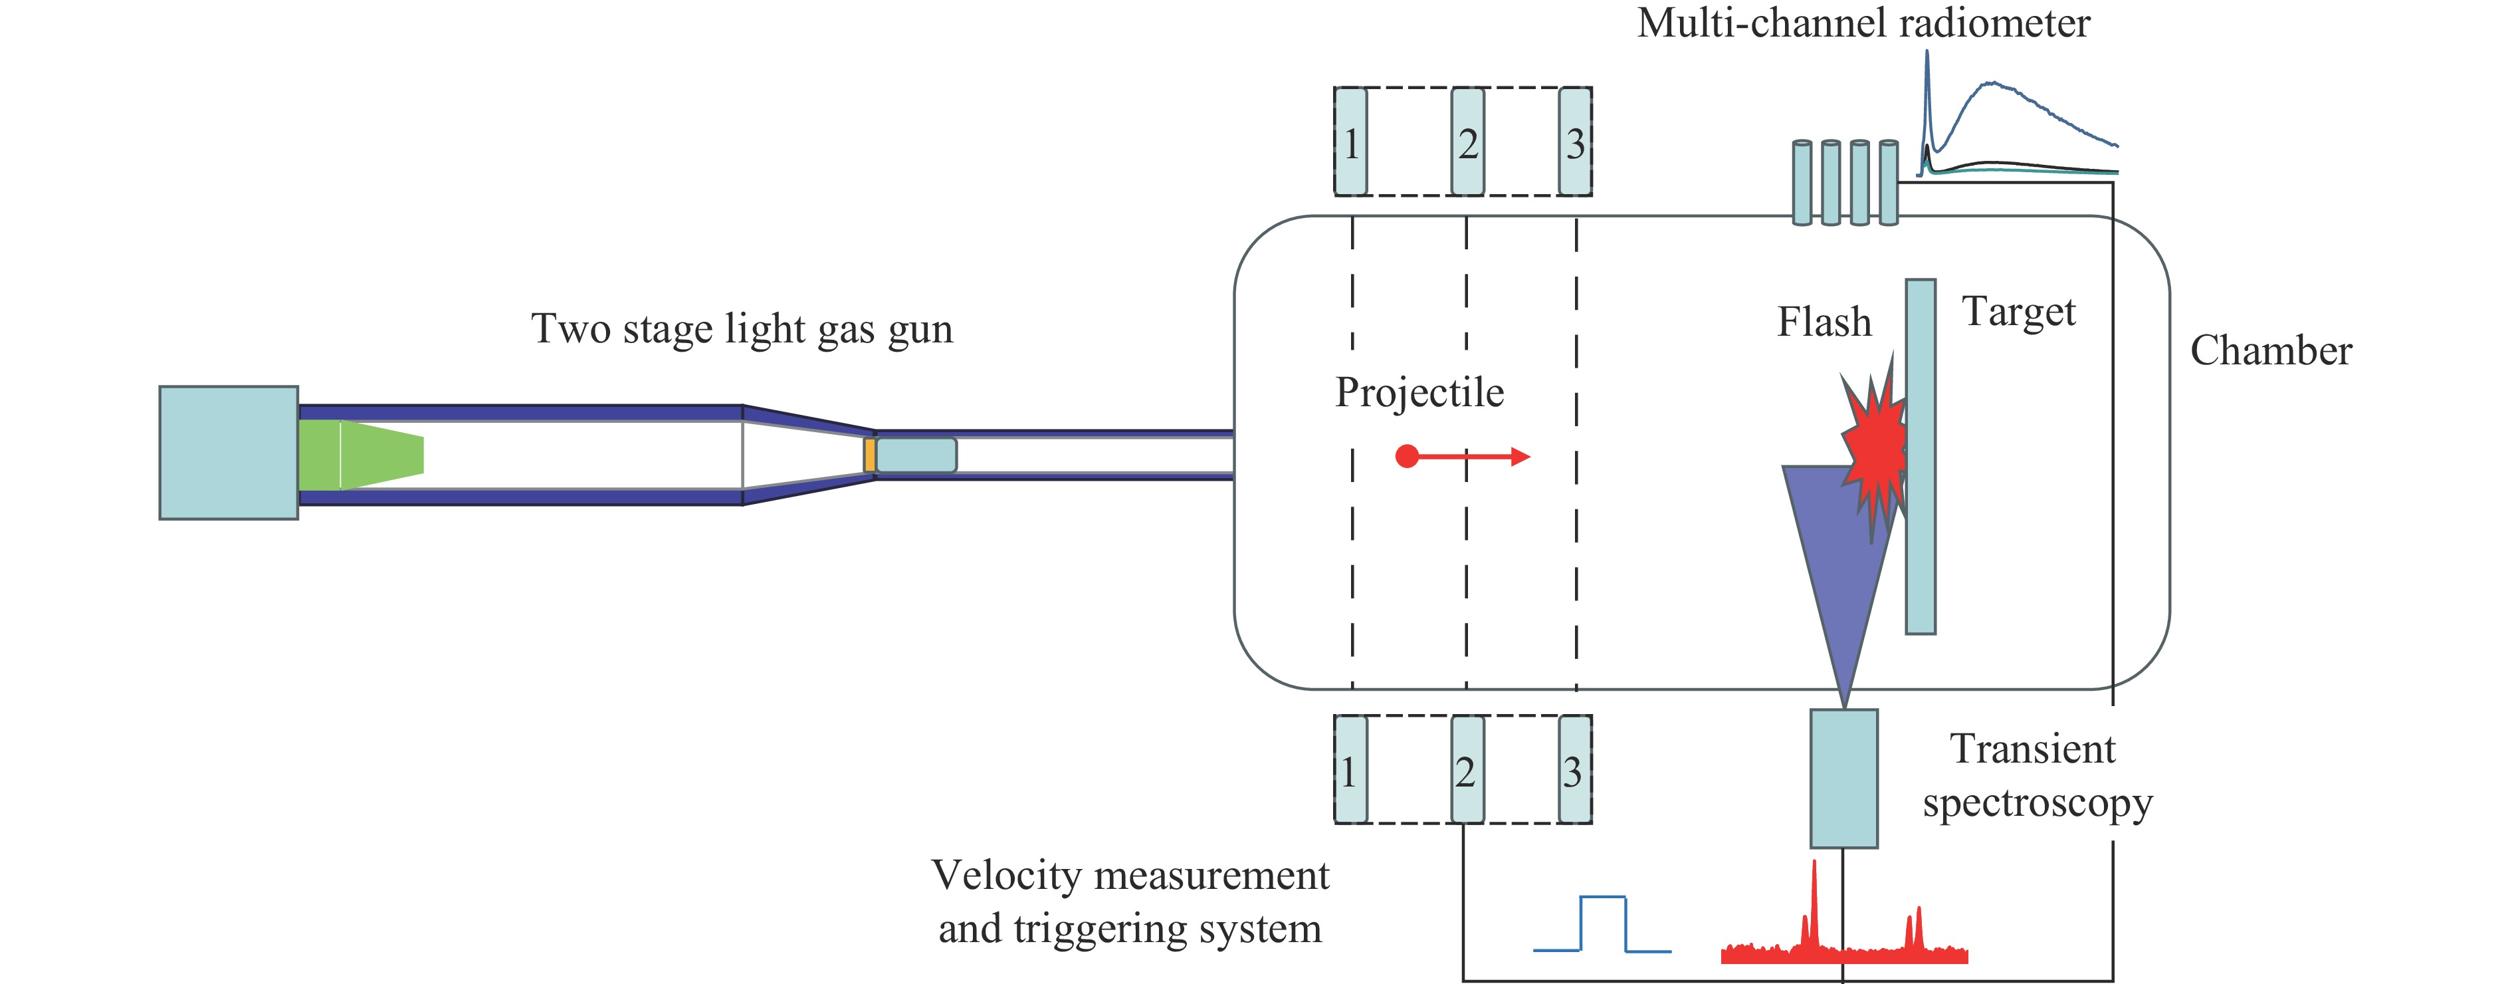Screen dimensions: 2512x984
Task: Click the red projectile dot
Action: point(1406,455)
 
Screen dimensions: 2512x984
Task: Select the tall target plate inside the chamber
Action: point(1920,456)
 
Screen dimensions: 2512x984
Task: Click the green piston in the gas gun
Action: point(361,455)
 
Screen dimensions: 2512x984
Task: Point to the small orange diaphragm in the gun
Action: point(869,455)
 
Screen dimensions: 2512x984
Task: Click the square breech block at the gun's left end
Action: point(228,453)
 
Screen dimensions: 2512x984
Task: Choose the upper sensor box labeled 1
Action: point(1350,142)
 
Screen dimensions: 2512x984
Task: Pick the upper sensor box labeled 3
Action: point(1575,142)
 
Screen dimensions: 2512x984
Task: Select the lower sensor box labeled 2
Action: point(1467,769)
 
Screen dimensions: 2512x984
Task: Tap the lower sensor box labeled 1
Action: point(1350,769)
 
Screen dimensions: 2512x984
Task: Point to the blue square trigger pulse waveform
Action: point(1602,923)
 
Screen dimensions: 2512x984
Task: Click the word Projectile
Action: point(1419,392)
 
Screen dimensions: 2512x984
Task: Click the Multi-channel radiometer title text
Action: point(1863,23)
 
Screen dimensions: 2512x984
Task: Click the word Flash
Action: point(1824,322)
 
